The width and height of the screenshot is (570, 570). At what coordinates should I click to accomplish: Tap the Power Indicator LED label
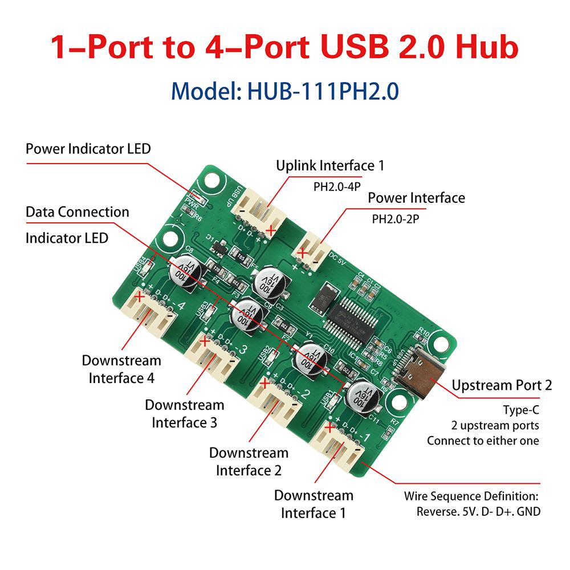(88, 149)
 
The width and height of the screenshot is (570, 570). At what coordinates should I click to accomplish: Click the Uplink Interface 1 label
(330, 166)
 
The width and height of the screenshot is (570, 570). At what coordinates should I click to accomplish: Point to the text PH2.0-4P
(338, 186)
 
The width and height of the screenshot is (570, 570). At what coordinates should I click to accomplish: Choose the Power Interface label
(416, 198)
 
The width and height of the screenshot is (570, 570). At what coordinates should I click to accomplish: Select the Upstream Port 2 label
(502, 385)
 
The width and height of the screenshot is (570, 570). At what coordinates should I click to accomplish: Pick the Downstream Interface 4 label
(121, 369)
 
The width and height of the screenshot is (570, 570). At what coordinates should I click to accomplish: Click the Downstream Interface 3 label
(184, 414)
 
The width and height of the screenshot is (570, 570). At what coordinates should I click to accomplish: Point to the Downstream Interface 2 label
(249, 462)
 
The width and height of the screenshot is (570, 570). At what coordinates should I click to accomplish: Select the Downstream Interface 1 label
(313, 504)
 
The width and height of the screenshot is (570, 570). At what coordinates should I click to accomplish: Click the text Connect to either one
(483, 441)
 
